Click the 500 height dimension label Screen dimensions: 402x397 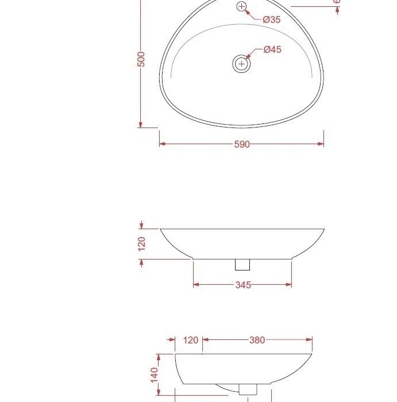click(x=141, y=59)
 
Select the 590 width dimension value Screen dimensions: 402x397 click(x=242, y=145)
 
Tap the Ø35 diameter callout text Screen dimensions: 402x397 click(x=271, y=20)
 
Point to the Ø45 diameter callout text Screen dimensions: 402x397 click(x=272, y=49)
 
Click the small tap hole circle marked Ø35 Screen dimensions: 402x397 click(x=241, y=7)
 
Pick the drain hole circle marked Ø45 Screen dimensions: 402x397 click(x=241, y=63)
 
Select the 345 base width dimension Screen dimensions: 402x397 click(x=243, y=285)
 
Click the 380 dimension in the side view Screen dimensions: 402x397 click(x=257, y=340)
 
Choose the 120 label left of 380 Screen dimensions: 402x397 click(x=190, y=340)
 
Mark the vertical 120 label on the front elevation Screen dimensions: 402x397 click(x=142, y=243)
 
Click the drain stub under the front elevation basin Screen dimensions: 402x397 click(x=242, y=264)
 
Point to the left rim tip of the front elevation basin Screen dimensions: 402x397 click(x=160, y=229)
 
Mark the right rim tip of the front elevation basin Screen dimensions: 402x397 click(x=324, y=229)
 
